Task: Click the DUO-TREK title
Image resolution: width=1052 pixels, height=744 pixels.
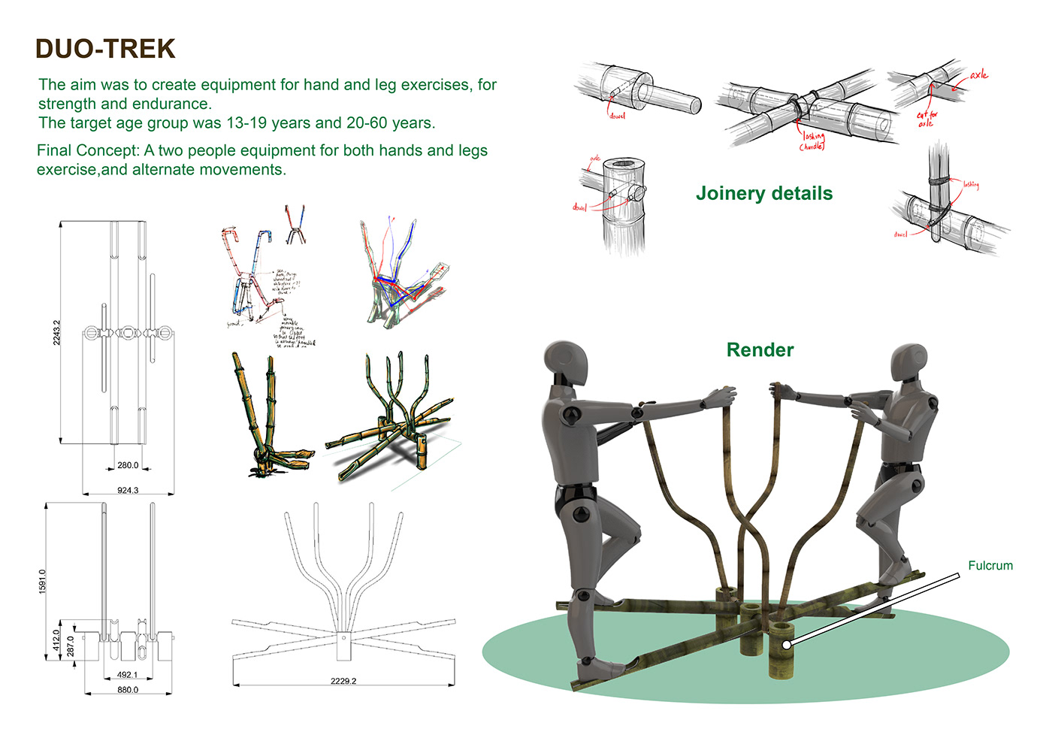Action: tap(104, 50)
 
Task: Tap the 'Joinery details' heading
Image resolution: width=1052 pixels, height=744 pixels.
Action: tap(763, 194)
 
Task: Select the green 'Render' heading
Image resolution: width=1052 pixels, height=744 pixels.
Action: tap(760, 350)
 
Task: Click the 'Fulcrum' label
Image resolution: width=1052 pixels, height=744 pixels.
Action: tap(990, 566)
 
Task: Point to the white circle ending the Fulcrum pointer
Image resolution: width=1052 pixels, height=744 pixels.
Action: tap(786, 645)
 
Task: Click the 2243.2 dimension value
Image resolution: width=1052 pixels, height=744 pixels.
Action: tap(57, 332)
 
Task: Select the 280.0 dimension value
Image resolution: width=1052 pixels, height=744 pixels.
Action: tap(128, 465)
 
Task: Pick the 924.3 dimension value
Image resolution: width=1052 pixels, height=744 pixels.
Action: tap(128, 490)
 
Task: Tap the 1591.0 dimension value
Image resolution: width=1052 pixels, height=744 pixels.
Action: tap(42, 581)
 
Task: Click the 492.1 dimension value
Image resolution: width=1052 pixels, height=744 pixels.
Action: tap(128, 675)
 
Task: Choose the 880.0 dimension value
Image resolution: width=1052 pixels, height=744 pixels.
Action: tap(128, 690)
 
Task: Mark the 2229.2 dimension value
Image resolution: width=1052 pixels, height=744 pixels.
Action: tap(343, 681)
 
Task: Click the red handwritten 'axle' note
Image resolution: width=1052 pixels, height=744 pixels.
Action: tap(978, 74)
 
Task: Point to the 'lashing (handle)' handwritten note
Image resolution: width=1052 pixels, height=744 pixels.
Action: tap(812, 141)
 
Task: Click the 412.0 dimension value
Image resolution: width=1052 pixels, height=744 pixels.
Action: tap(57, 640)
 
